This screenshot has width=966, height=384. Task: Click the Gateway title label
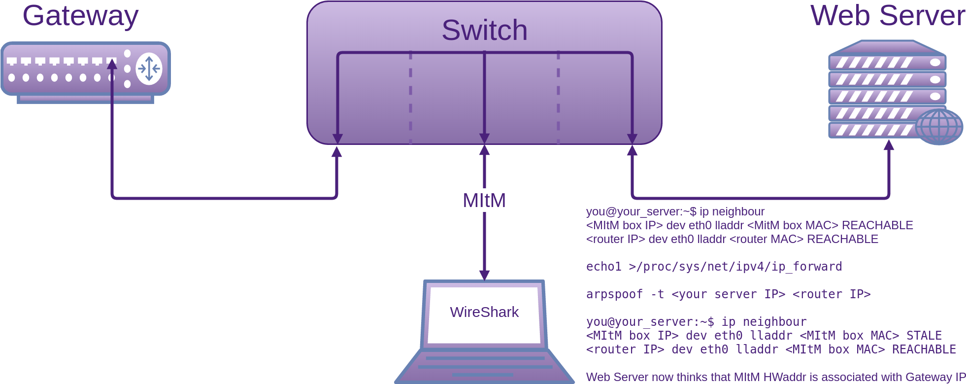coord(80,16)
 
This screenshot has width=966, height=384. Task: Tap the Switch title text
coord(484,30)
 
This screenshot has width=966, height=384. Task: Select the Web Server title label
coord(888,15)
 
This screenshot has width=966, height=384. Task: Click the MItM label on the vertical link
coord(484,201)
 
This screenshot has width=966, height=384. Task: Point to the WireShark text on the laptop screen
coord(484,312)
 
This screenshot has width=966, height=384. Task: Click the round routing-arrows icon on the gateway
coord(149,69)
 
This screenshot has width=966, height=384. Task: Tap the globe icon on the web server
coord(939,127)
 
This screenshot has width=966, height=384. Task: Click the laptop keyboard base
coord(484,366)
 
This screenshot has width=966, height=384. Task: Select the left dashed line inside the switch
coord(410,98)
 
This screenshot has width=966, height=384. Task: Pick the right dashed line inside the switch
coord(558,98)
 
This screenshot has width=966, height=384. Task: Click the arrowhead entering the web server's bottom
coord(889,144)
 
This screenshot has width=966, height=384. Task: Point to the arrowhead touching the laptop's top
coord(484,276)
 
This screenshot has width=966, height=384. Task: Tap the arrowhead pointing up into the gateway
coord(112,64)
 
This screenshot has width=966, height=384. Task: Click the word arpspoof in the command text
coord(614,294)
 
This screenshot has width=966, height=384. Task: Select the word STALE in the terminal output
coord(924,336)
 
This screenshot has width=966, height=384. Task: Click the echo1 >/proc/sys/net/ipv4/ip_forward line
coord(714,267)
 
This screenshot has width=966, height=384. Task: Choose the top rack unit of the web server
coord(887,63)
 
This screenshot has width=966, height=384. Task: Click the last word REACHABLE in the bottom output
coord(924,349)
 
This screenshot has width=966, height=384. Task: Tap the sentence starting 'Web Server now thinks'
coord(776,377)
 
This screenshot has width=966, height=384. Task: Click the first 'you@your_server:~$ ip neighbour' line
coord(675,211)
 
